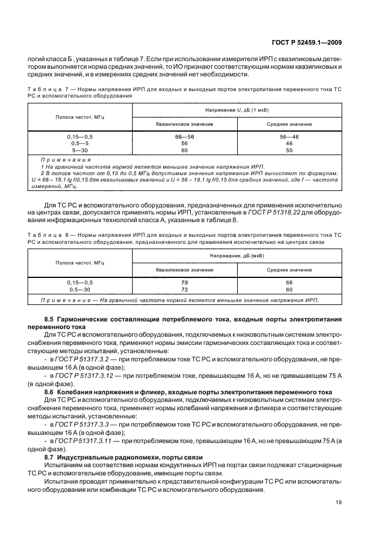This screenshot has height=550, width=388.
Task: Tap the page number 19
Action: (339, 502)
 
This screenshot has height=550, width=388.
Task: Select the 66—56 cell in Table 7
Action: (184, 136)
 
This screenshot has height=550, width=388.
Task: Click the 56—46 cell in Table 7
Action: (289, 136)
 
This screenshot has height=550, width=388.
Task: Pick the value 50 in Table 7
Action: (289, 150)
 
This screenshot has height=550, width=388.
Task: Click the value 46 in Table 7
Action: (289, 143)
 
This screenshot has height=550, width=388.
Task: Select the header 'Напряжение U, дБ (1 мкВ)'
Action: (237, 110)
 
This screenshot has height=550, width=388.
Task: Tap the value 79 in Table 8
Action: (184, 283)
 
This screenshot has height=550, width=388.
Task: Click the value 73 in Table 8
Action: (184, 290)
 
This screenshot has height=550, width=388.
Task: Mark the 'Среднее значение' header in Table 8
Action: (289, 270)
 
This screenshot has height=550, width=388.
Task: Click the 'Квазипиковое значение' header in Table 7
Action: (184, 124)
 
